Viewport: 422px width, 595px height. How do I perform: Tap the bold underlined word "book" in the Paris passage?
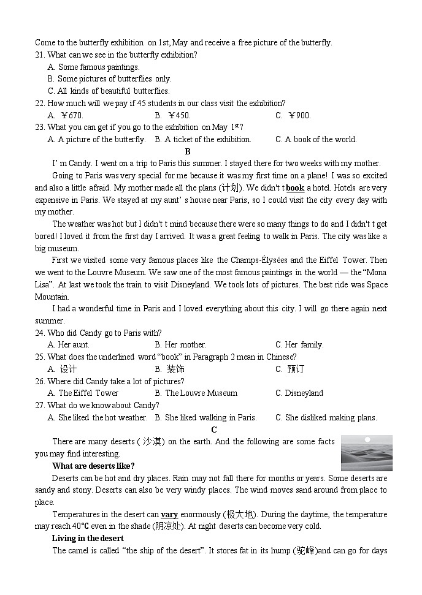click(x=295, y=188)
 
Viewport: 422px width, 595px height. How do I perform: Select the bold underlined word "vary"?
click(x=169, y=515)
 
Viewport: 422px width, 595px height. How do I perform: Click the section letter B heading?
click(x=188, y=151)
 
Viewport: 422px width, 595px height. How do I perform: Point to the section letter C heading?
click(x=214, y=430)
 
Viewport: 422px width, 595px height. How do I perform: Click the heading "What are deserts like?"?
click(x=93, y=466)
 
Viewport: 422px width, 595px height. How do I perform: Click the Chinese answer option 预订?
click(x=296, y=369)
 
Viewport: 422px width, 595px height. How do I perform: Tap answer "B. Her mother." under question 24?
click(x=180, y=345)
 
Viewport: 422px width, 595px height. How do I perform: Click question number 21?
click(x=40, y=55)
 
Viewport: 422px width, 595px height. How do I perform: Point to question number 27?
click(x=40, y=406)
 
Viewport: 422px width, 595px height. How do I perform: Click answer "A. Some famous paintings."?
click(x=93, y=67)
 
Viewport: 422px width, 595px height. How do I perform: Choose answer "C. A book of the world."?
click(x=316, y=139)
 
